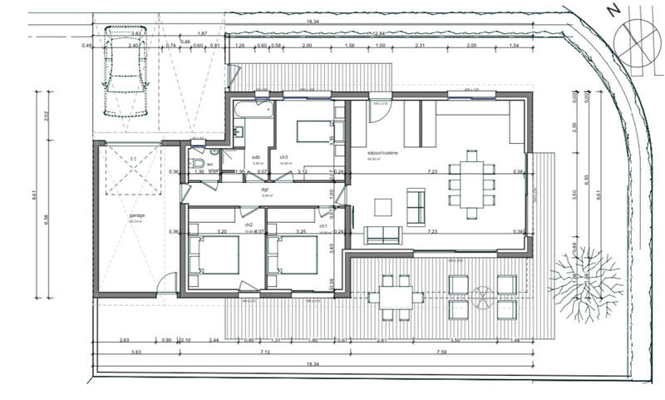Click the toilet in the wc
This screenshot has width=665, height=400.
pyautogui.click(x=197, y=164)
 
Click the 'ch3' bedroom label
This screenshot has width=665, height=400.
pyautogui.click(x=283, y=157)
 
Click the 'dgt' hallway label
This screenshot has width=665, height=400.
pyautogui.click(x=264, y=189)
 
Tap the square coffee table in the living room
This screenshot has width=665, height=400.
pyautogui.click(x=383, y=206)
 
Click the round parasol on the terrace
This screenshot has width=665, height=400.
pyautogui.click(x=483, y=294)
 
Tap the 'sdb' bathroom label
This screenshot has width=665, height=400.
pyautogui.click(x=256, y=157)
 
